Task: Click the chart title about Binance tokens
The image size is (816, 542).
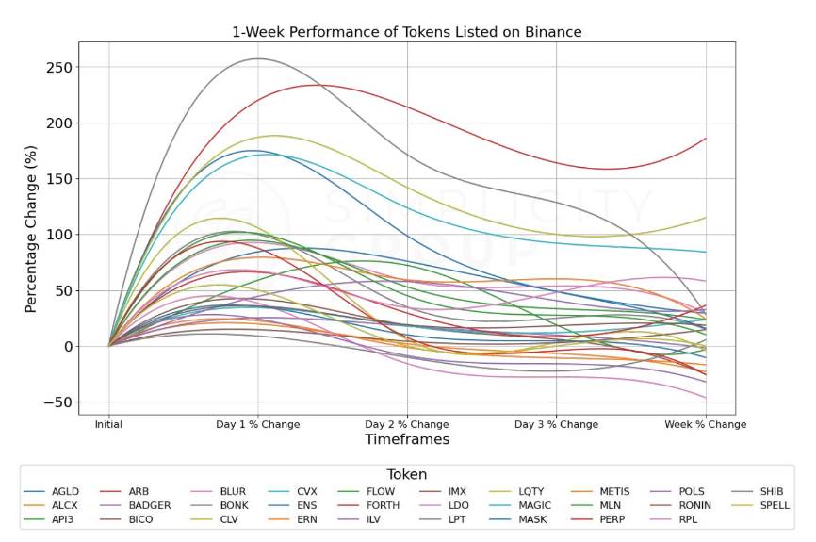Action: pos(407,32)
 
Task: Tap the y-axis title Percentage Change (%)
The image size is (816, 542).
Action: pos(31,229)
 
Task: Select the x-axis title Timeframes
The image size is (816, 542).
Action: pos(407,439)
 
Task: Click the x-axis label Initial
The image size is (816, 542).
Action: pos(108,424)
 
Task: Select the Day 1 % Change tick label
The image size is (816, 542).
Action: pos(257,424)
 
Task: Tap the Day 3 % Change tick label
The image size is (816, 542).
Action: pos(556,424)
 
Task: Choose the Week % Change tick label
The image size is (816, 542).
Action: pos(706,424)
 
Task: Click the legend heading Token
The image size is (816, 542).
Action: pos(406,475)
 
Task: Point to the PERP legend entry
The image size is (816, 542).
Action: pos(612,519)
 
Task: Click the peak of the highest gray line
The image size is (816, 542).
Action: pos(257,58)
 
